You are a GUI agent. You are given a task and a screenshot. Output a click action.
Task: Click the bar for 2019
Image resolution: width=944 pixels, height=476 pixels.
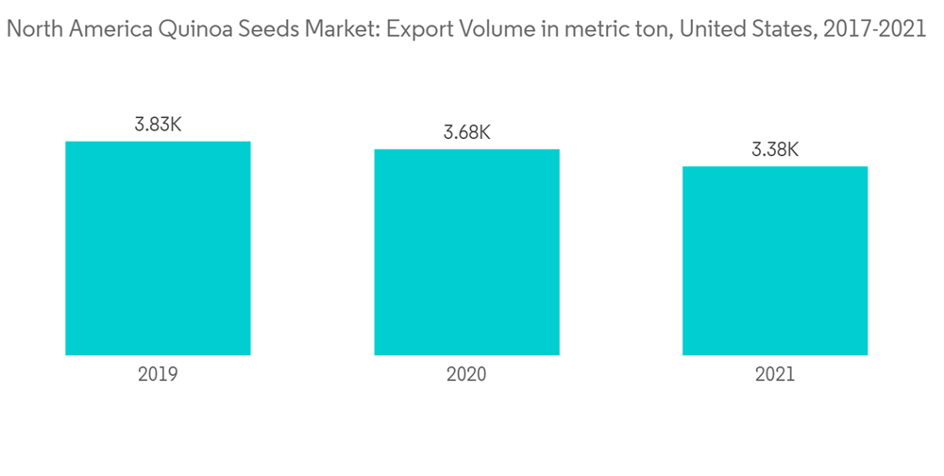click(x=158, y=248)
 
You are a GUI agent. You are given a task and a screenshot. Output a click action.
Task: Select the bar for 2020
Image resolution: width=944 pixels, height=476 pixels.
click(x=466, y=252)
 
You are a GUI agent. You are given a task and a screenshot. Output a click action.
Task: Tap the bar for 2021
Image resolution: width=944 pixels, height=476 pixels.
click(x=775, y=261)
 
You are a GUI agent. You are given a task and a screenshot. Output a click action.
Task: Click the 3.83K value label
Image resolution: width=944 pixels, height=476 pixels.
click(x=158, y=125)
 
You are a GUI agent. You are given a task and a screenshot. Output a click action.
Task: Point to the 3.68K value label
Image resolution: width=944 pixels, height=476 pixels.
click(x=466, y=132)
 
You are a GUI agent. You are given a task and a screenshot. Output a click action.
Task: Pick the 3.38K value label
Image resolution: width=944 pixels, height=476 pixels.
click(x=775, y=149)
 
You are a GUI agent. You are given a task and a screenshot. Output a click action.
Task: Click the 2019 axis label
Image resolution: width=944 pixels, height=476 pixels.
click(x=158, y=374)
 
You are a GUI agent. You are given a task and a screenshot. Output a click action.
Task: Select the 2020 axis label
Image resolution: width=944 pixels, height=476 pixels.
click(x=466, y=374)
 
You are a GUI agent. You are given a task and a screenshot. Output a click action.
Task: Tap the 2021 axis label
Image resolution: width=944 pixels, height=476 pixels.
click(x=775, y=374)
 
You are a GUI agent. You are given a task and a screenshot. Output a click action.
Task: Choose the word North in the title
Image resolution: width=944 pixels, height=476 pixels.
click(x=32, y=30)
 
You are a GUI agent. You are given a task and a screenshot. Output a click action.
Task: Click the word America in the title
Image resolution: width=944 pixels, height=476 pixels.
click(x=101, y=30)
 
